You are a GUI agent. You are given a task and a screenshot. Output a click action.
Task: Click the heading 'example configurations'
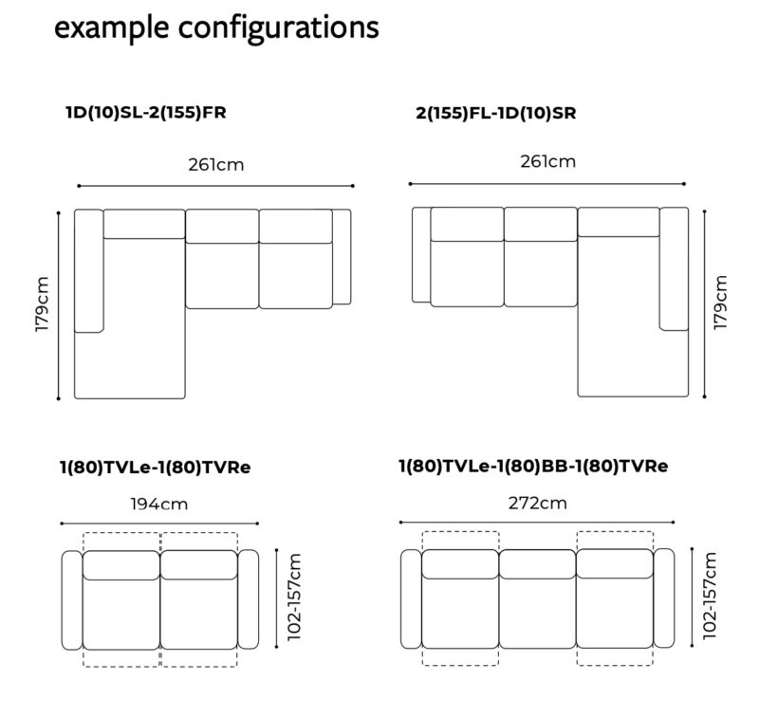coord(216,28)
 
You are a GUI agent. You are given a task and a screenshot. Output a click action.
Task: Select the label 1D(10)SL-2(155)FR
coord(146,113)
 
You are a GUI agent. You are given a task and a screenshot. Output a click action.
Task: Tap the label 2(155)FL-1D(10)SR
coord(496,113)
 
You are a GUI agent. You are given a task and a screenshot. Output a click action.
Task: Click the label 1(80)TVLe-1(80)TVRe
coord(156,468)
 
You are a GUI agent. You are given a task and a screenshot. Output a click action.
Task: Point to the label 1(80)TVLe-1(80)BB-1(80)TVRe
coord(533,466)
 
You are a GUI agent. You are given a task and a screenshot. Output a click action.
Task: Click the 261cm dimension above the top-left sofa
coord(216,165)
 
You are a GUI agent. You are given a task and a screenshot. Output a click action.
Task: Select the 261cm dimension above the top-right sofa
coord(548,161)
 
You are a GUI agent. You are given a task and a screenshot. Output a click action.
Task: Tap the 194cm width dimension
coord(158,505)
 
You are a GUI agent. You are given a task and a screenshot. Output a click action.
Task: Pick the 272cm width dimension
coord(537,504)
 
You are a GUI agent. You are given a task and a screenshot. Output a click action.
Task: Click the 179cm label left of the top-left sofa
coord(42,304)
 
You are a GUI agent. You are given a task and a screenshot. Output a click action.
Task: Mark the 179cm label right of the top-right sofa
coord(720,303)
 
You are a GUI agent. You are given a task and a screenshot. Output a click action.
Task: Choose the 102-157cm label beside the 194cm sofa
coord(294,597)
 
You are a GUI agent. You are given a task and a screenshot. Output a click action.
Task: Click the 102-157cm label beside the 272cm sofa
coord(709,596)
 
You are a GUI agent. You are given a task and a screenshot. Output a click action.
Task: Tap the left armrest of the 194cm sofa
coord(72,600)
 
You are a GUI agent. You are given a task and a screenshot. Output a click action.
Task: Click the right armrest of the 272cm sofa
coord(663,598)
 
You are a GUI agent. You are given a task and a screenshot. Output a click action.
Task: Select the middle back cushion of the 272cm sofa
coord(537,564)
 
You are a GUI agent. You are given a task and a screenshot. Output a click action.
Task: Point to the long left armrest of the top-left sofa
coord(89,271)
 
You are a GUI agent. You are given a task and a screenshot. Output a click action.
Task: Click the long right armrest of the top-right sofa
coord(674,269)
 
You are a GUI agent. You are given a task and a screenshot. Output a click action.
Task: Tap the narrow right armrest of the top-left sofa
coord(342,257)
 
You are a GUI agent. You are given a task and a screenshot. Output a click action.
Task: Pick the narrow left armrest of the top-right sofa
coord(421,255)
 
